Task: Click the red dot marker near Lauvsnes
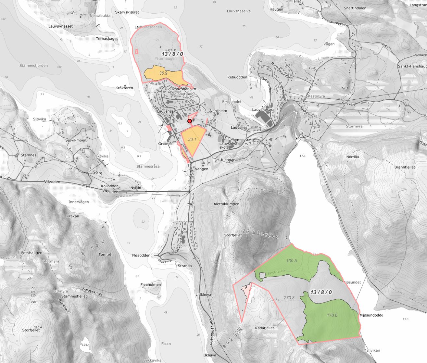(x=189, y=121)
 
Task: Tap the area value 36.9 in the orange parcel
(x=163, y=73)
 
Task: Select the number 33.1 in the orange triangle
(x=192, y=139)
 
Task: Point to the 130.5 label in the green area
(x=292, y=261)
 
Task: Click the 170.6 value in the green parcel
(x=332, y=315)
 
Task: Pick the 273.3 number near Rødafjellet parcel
(x=289, y=298)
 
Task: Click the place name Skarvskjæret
(x=127, y=12)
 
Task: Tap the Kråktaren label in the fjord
(x=124, y=88)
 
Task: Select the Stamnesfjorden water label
(x=33, y=66)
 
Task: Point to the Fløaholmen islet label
(x=151, y=284)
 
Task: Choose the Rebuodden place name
(x=237, y=77)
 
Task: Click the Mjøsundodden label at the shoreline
(x=371, y=315)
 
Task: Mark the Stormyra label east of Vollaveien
(x=354, y=126)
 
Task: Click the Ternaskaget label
(x=107, y=39)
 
